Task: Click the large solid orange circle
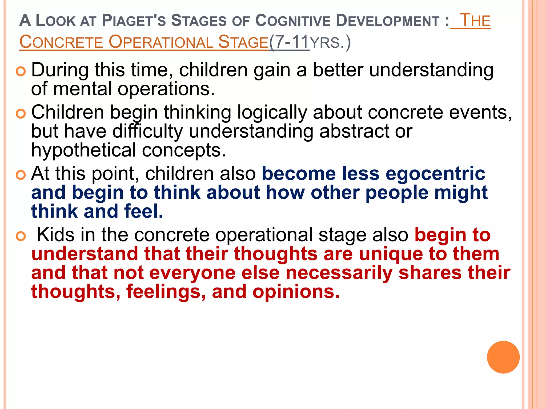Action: (503, 357)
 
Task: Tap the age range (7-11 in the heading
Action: (289, 42)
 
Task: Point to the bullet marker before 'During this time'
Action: (21, 71)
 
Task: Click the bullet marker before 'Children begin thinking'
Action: (21, 114)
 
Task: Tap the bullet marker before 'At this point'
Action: (21, 175)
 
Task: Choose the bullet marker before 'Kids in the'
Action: (21, 236)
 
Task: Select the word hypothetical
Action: (84, 150)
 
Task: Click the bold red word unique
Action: (391, 254)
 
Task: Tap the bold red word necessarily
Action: (339, 273)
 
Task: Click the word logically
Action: (272, 113)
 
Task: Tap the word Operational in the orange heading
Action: (161, 42)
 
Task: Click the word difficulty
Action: (147, 132)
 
